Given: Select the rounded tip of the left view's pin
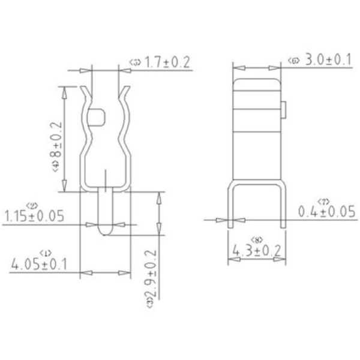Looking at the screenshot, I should [x=106, y=231].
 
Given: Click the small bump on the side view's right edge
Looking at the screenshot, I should [x=284, y=110].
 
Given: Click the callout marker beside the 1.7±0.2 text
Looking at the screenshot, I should [x=134, y=62].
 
